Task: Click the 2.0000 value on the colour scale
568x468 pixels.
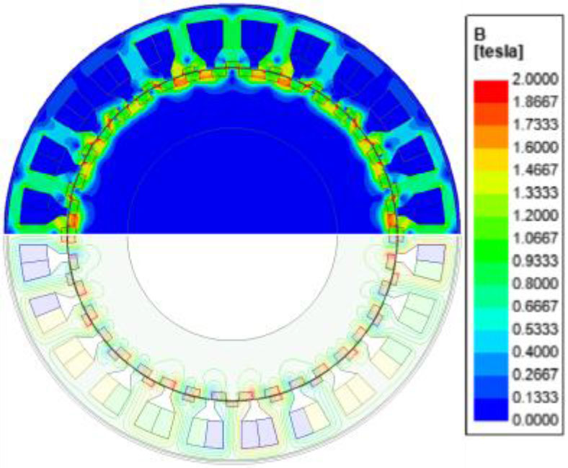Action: pos(535,79)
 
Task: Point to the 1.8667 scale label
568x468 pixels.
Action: pos(535,102)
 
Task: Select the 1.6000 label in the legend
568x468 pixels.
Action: pos(535,148)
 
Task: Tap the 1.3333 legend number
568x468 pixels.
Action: pos(535,193)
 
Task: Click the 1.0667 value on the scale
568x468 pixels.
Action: pos(535,238)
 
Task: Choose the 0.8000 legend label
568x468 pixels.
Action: pos(535,283)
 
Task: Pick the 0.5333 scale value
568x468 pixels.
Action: pos(535,329)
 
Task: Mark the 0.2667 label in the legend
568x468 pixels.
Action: pos(535,374)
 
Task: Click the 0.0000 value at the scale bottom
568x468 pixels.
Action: pos(535,420)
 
